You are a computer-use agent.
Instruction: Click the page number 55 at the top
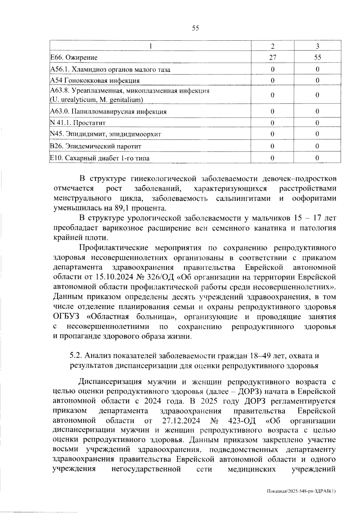[195, 28]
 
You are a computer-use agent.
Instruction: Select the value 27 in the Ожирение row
[272, 57]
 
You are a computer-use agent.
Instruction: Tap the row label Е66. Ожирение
[74, 57]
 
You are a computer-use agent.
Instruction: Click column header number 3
[317, 46]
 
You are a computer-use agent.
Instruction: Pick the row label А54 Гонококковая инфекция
[94, 80]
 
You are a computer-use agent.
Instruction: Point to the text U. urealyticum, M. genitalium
[97, 100]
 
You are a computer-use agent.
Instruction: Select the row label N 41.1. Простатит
[78, 123]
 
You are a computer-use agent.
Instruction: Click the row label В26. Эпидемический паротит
[95, 146]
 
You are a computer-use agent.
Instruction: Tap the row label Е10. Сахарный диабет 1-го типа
[100, 158]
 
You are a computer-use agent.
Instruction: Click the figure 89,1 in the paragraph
[123, 208]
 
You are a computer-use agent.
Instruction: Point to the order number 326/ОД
[165, 277]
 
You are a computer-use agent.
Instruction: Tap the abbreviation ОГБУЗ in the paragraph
[67, 317]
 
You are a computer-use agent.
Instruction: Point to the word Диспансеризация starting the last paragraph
[109, 382]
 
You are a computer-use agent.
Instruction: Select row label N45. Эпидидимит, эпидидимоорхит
[105, 134]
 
